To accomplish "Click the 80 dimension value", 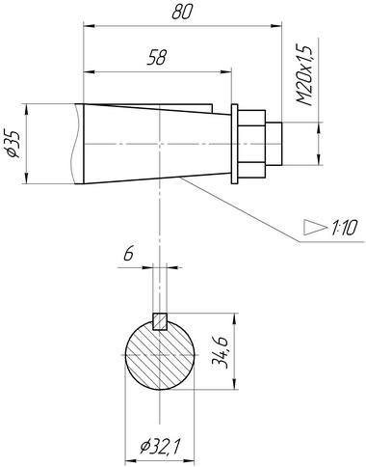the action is pyautogui.click(x=182, y=12).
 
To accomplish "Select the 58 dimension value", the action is pyautogui.click(x=157, y=58).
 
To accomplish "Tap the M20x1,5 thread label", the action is pyautogui.click(x=304, y=75).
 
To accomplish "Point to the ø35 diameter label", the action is pyautogui.click(x=13, y=144).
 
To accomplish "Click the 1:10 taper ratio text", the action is pyautogui.click(x=344, y=228).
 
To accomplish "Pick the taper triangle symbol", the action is pyautogui.click(x=315, y=228).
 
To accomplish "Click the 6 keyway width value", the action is pyautogui.click(x=128, y=254).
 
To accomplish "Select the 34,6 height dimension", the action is pyautogui.click(x=221, y=352).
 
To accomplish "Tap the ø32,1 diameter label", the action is pyautogui.click(x=160, y=446).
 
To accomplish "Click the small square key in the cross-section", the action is pyautogui.click(x=160, y=321).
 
